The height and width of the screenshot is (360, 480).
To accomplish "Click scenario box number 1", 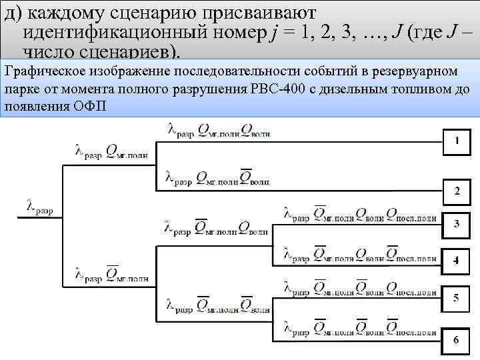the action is pos(457,141).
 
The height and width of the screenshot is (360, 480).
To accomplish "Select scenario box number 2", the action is pos(457,191).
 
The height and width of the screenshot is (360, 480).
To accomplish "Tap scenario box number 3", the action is pos(457,223).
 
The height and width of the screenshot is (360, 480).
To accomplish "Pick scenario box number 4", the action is pos(457,260).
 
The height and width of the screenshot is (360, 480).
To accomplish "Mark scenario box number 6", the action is pos(457,340).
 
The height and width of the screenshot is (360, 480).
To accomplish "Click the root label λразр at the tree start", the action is pos(40,207).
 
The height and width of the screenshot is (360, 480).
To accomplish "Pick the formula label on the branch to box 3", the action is pos(360,215).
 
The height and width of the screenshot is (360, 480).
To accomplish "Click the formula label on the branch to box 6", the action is pos(360,327).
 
